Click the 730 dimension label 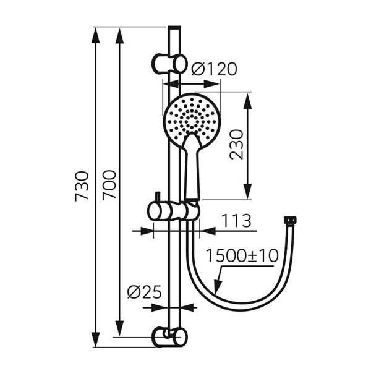tap(82, 185)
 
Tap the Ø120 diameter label tap(213, 69)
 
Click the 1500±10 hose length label tap(242, 256)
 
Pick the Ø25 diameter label tap(143, 291)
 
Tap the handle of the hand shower tap(191, 170)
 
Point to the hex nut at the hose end tap(289, 220)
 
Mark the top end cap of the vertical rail tap(174, 28)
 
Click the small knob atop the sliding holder tap(158, 196)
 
